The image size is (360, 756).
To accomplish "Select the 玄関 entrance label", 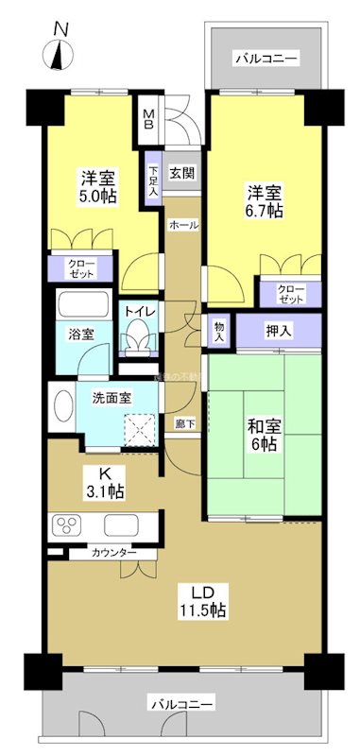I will point(181,173).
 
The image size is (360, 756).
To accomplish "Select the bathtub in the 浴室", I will point(83,307).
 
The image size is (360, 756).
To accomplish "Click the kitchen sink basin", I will point(123,525).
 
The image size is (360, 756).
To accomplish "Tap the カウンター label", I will point(113,552).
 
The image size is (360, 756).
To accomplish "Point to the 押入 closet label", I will point(279,332).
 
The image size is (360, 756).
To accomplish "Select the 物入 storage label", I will point(218,331).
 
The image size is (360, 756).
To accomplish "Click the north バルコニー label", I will point(266,60).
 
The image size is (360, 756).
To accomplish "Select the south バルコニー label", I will point(181,704).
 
